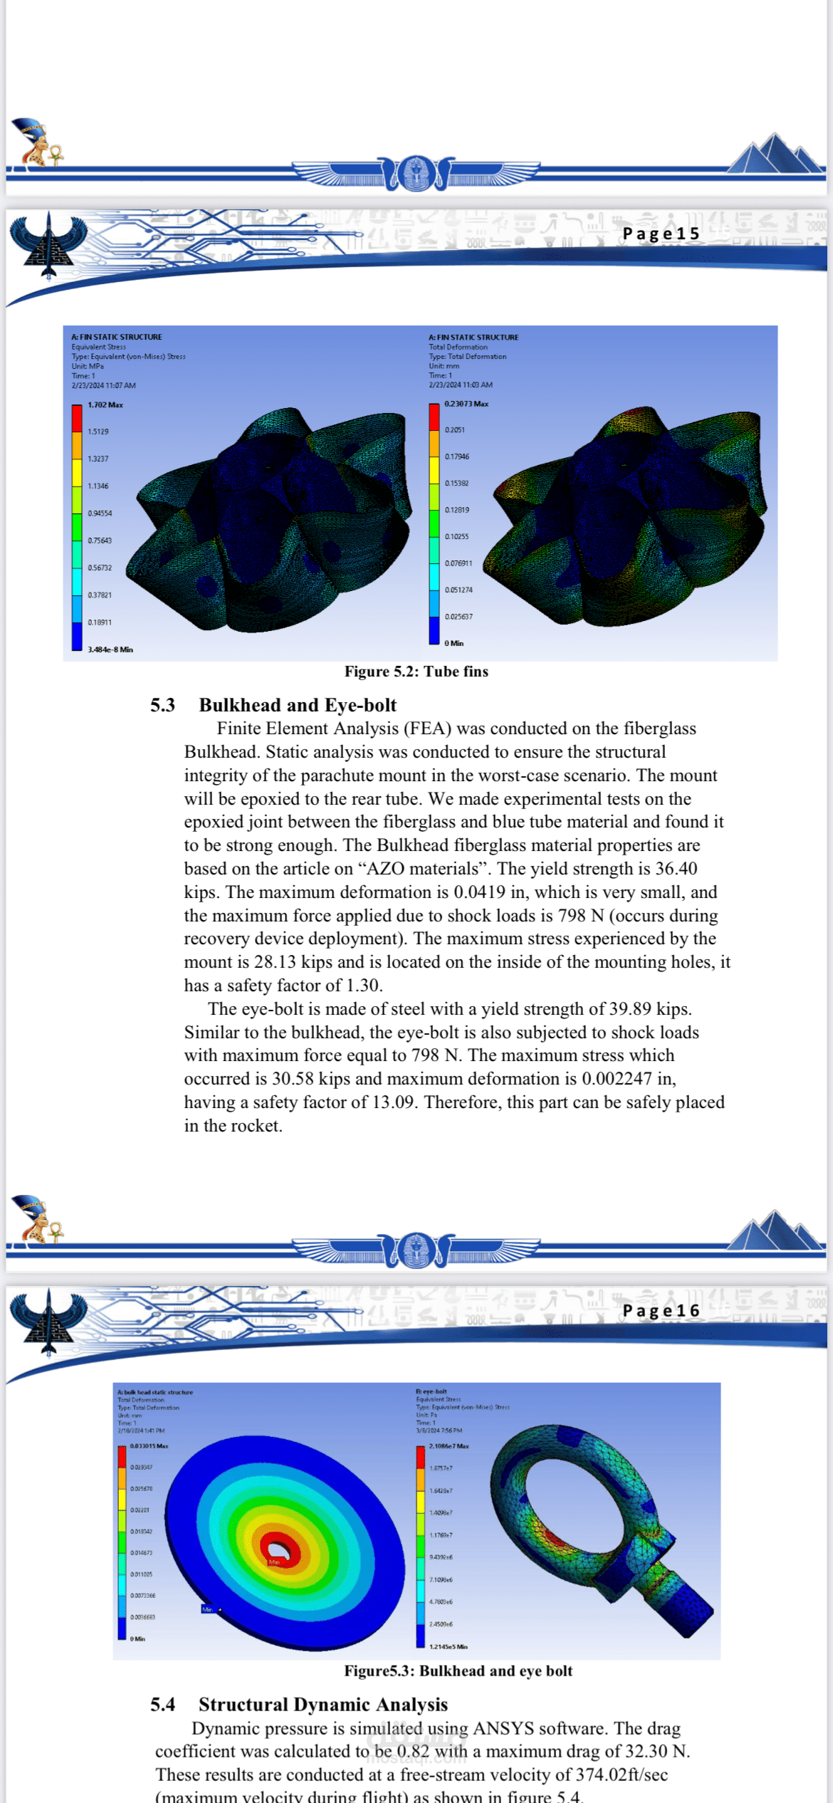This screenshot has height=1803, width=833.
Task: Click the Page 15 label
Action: coord(661,234)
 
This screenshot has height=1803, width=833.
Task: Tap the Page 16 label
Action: coord(661,1310)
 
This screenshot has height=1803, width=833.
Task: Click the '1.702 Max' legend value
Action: coord(105,404)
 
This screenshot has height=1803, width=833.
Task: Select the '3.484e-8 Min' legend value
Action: coord(110,649)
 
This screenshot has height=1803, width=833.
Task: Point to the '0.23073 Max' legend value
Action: coord(466,404)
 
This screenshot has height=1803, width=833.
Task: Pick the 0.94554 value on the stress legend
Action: coord(100,513)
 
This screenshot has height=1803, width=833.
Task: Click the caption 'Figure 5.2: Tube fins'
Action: coord(416,671)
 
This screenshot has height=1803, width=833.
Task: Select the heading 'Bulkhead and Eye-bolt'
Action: coord(298,705)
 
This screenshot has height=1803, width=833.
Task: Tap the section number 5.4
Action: coord(162,1704)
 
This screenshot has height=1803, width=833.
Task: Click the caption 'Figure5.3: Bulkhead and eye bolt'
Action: coord(458,1671)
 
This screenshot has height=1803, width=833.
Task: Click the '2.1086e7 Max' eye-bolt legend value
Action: coord(449,1446)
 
